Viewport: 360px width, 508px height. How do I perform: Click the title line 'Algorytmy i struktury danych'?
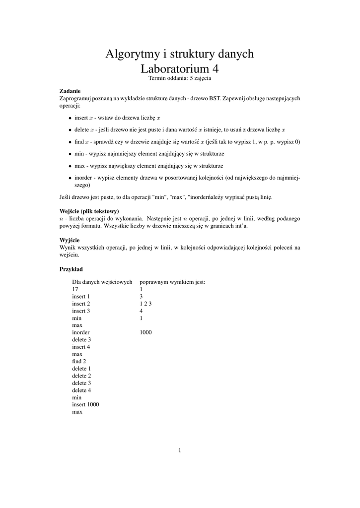coord(179,54)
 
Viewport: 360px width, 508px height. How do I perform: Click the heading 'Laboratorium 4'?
coord(179,68)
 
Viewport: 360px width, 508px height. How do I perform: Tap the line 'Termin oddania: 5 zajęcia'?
coord(179,78)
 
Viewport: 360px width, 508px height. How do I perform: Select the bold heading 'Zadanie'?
coord(70,91)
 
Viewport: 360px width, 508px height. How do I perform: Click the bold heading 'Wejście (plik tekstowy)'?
coord(89,211)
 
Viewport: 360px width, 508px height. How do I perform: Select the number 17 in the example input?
coord(75,289)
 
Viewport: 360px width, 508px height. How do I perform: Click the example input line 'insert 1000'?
coord(85,404)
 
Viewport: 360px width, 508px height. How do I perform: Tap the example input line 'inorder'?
coord(81,332)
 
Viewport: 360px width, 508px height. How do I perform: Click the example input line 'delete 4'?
coord(81,390)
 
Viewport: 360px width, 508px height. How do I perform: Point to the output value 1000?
coord(146,332)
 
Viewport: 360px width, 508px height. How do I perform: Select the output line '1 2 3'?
coord(145,304)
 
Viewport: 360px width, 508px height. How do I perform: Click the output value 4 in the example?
coord(142,311)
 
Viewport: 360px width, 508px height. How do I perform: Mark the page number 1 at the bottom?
coord(180,450)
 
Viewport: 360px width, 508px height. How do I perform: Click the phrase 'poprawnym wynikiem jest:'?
coord(172,282)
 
